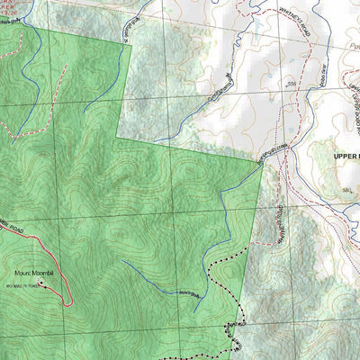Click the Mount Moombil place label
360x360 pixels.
pyautogui.click(x=34, y=272)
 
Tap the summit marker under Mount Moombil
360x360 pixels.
pyautogui.click(x=40, y=281)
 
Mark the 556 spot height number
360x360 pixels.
pyautogui.click(x=291, y=84)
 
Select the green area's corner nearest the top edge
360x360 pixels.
pyautogui.click(x=132, y=40)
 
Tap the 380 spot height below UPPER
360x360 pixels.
pyautogui.click(x=346, y=192)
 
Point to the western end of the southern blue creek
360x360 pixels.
pyautogui.click(x=124, y=263)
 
